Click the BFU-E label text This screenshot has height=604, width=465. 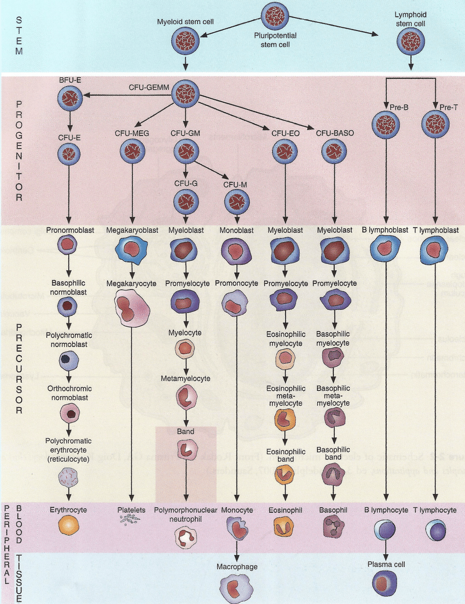click(70, 81)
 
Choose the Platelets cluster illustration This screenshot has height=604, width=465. click(130, 520)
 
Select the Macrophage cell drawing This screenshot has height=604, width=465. click(235, 587)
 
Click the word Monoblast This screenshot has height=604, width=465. click(235, 231)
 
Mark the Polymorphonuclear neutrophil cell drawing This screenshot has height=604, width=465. click(185, 537)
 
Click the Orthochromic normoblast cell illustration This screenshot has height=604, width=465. click(69, 413)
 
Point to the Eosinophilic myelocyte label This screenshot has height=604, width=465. click(284, 339)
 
